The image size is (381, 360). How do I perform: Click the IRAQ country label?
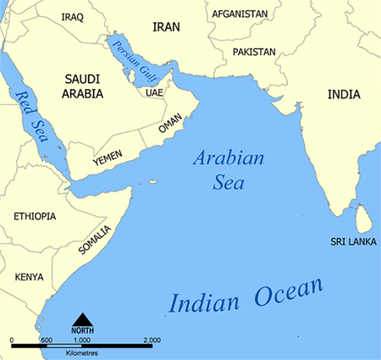[72, 15]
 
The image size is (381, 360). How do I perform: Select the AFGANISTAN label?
[240, 14]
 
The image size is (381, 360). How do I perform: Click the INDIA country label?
[343, 95]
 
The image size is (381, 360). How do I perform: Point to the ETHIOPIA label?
[35, 216]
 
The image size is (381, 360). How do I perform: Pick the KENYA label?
[29, 277]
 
